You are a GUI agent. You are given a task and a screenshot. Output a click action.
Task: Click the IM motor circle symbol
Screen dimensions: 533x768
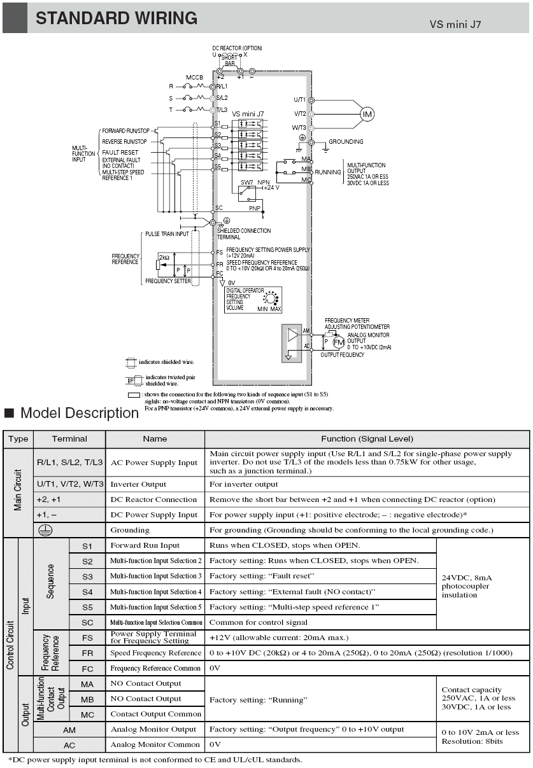[367, 114]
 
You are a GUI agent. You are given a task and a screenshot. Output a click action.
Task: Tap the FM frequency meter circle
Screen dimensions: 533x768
[339, 342]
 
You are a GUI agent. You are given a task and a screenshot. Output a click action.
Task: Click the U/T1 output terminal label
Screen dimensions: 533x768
[299, 100]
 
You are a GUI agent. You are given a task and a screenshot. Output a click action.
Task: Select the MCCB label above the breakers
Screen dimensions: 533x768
[195, 78]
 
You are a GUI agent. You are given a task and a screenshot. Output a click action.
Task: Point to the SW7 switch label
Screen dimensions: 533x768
[247, 183]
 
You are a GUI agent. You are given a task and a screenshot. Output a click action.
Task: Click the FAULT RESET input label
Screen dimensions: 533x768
[120, 153]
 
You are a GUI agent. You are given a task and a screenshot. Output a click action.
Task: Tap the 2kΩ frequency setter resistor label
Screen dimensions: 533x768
[164, 258]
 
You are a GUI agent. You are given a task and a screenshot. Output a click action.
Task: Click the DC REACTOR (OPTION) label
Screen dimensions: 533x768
[237, 48]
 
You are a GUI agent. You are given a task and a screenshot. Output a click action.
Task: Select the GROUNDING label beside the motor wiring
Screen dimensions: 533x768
[346, 142]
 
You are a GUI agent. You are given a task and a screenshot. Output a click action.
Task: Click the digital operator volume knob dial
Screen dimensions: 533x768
[271, 298]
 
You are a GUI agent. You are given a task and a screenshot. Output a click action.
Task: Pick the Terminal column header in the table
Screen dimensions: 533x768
[69, 439]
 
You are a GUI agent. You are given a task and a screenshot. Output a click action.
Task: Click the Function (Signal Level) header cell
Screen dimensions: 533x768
[367, 439]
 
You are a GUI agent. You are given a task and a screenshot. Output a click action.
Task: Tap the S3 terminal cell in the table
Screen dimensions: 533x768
[87, 576]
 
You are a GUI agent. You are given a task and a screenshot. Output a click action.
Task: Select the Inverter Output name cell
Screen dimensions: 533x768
[155, 484]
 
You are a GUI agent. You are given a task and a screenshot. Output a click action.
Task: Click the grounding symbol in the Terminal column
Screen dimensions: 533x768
[45, 531]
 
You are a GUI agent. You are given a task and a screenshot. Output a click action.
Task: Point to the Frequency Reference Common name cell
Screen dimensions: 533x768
[155, 668]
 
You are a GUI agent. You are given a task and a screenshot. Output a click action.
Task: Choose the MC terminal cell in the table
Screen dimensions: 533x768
[87, 715]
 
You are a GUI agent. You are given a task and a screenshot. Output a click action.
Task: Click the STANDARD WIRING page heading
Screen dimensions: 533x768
[117, 18]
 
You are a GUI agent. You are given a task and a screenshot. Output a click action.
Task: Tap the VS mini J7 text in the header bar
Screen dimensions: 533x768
[455, 24]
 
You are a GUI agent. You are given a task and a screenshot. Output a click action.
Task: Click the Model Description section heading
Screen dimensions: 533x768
[80, 413]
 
